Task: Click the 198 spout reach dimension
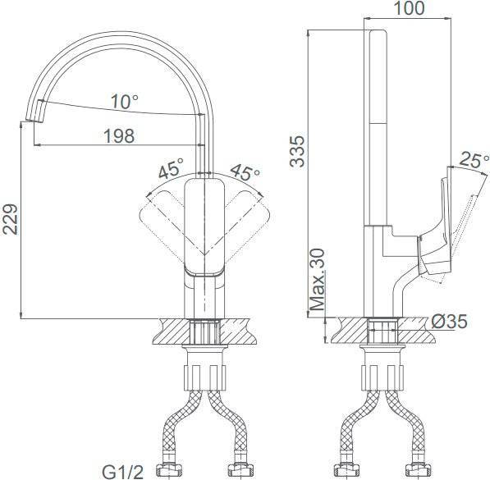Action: point(119,136)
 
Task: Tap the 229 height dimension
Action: point(10,219)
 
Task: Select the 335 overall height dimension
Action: point(296,151)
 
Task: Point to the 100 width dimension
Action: point(409,8)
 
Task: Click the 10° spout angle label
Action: point(125,102)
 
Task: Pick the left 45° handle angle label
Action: point(171,168)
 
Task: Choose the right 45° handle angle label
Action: point(245,172)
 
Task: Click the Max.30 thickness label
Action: point(317,279)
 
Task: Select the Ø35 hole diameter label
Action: point(450,322)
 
